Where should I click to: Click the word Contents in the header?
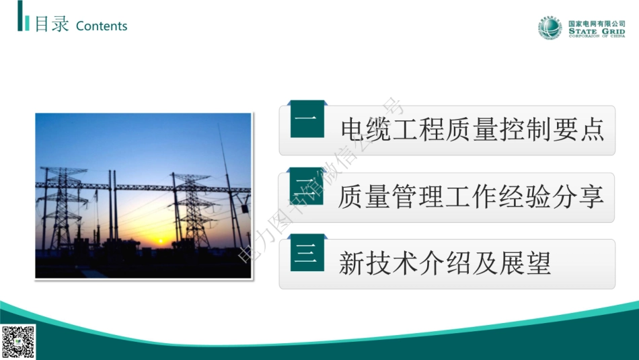pos(102,26)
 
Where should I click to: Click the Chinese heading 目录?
pos(52,25)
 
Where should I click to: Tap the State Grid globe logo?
pos(550,28)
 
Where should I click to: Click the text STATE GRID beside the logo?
pos(597,31)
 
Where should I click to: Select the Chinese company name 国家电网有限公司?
pos(597,23)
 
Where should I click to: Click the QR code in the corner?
pos(18,342)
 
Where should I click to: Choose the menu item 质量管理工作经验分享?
pos(471,196)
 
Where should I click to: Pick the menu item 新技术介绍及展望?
pos(445,263)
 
